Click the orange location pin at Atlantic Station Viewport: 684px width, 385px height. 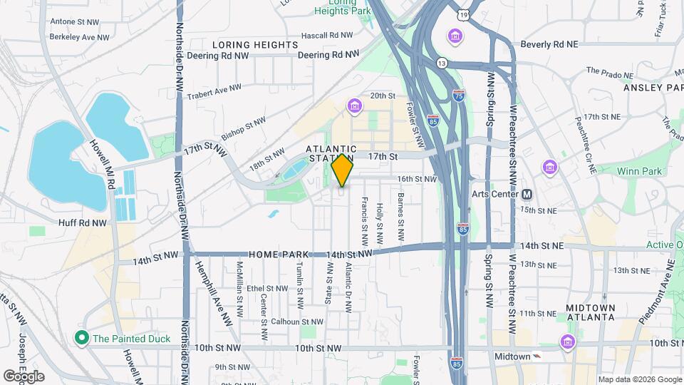click(x=342, y=170)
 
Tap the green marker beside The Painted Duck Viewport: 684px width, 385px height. click(x=83, y=338)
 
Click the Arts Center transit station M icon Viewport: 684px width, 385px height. click(x=528, y=194)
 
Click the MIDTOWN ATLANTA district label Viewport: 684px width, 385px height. click(x=591, y=312)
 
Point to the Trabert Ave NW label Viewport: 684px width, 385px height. click(x=214, y=91)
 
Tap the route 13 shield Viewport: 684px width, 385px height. click(x=442, y=63)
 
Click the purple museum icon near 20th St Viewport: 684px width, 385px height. click(x=354, y=106)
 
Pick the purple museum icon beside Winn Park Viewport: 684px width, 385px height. click(x=549, y=167)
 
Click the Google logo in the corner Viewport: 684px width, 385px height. click(x=24, y=376)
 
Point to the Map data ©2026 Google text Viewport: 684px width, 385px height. click(x=641, y=379)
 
